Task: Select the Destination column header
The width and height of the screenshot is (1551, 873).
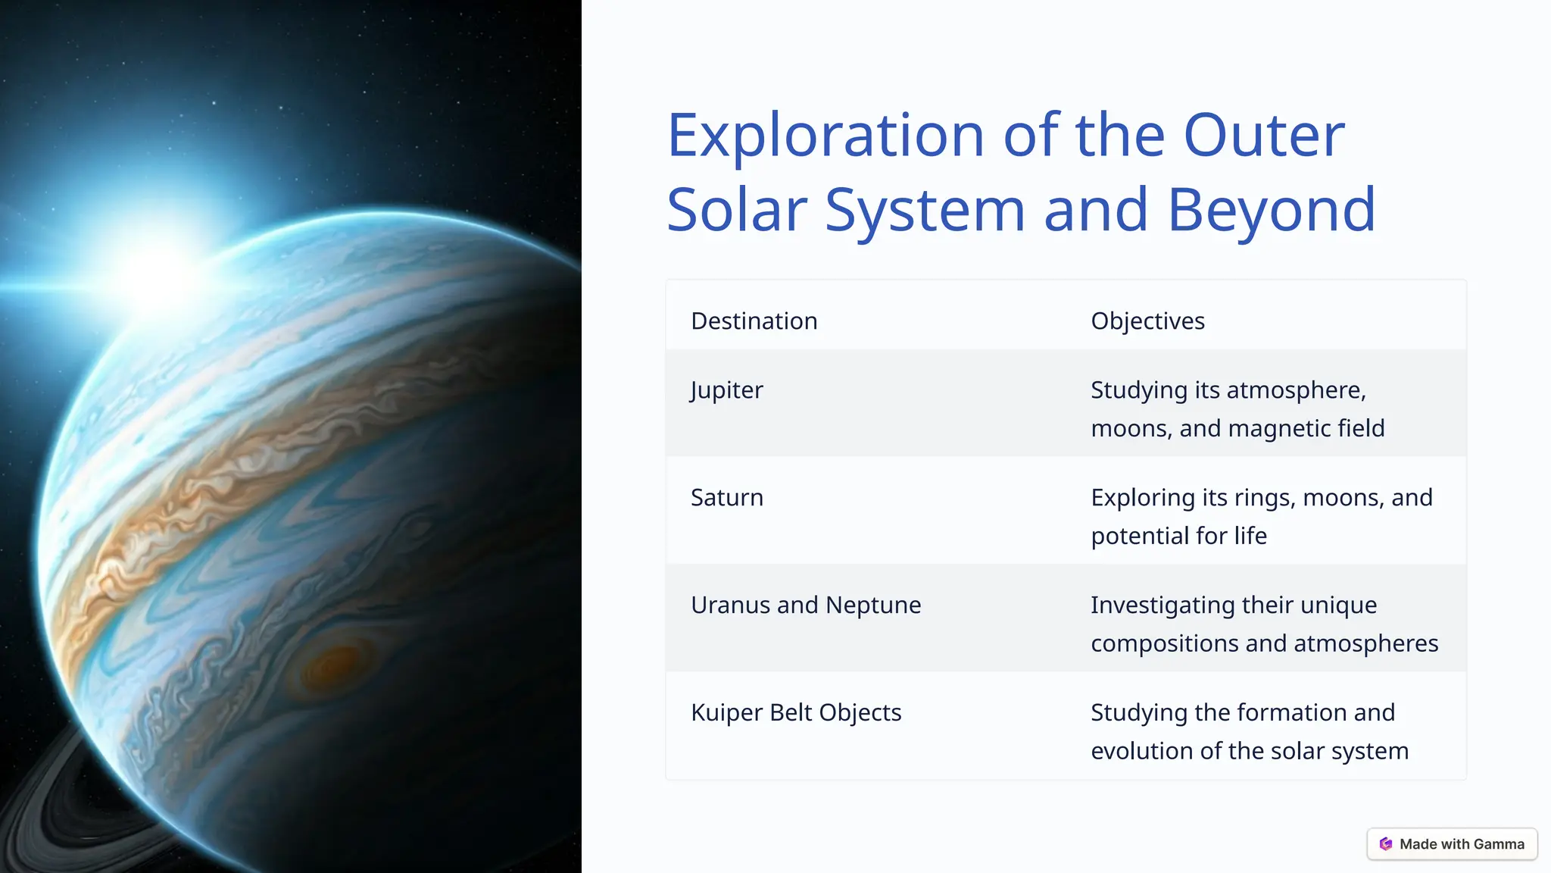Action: (x=754, y=321)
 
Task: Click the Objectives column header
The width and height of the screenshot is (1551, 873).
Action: (x=1147, y=321)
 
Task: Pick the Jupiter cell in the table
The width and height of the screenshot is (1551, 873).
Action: (x=726, y=390)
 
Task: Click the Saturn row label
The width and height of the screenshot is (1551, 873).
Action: (x=726, y=498)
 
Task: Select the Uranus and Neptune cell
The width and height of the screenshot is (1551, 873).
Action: (x=805, y=605)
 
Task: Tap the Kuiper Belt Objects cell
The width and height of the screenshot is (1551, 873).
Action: (x=795, y=713)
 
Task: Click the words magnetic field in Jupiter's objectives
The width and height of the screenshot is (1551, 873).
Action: (x=1306, y=429)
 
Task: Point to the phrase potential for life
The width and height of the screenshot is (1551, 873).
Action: (x=1178, y=537)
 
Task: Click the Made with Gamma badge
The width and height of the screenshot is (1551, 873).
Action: (x=1452, y=844)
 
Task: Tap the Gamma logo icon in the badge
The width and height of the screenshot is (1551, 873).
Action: (x=1386, y=844)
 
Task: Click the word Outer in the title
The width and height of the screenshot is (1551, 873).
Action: (x=1263, y=136)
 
